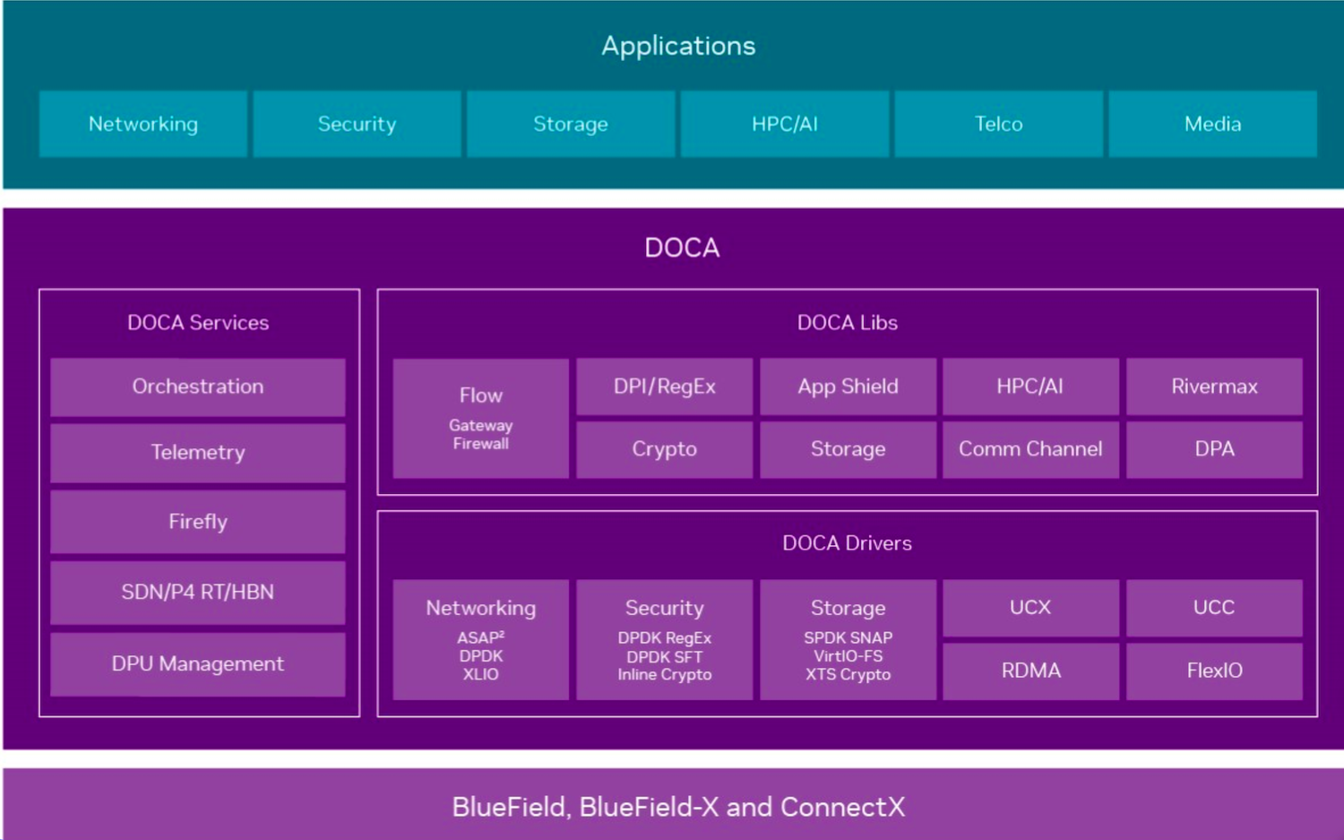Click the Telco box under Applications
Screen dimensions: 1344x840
click(998, 124)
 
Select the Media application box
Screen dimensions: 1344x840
click(1212, 124)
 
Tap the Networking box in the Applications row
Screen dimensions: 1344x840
click(142, 124)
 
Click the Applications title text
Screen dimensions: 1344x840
click(678, 47)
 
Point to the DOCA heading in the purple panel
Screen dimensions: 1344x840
click(682, 247)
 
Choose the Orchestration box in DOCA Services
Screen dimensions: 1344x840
click(197, 386)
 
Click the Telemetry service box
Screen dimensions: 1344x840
click(197, 453)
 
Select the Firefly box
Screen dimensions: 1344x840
click(197, 521)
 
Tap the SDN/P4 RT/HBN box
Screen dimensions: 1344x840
click(197, 592)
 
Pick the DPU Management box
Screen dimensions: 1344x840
click(197, 664)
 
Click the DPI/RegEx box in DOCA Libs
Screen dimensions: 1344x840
click(664, 386)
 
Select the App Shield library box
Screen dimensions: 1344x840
click(848, 386)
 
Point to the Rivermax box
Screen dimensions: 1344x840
click(1214, 386)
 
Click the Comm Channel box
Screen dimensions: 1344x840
click(1030, 449)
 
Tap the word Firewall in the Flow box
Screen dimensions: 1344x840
click(480, 444)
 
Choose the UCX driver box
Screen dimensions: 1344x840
click(1030, 608)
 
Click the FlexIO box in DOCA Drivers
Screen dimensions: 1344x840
click(1214, 671)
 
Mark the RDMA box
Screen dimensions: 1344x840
click(1030, 671)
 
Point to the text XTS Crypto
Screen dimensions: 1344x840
click(848, 674)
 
